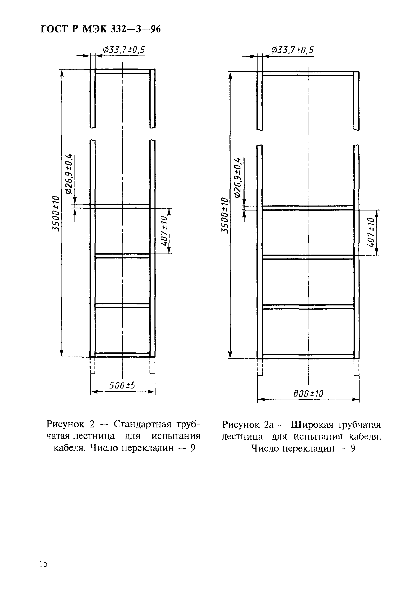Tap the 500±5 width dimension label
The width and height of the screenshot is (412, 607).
[x=122, y=385]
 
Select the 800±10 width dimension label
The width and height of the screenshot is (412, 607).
[x=308, y=393]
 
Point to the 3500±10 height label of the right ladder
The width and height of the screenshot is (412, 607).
[x=224, y=215]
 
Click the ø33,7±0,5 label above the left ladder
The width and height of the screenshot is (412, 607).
[x=124, y=50]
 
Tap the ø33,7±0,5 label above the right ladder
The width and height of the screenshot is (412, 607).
[x=292, y=50]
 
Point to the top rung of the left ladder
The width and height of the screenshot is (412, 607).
[x=122, y=72]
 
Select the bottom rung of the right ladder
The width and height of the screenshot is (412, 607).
[x=308, y=357]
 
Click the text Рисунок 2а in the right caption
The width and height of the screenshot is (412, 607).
[x=248, y=425]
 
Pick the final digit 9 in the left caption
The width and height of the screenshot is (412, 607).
[x=193, y=448]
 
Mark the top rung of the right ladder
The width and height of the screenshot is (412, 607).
[x=308, y=73]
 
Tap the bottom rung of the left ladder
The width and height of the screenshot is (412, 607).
[x=122, y=354]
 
